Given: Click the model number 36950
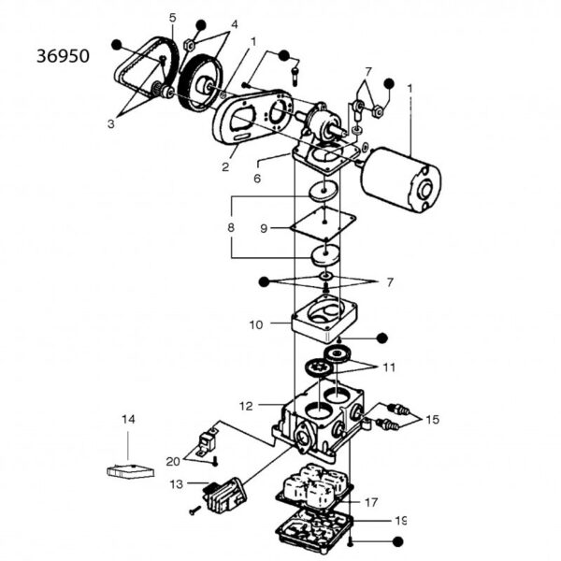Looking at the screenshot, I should pos(63,56).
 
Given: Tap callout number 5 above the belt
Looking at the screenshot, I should pos(172,18).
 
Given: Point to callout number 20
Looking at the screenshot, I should pos(173,460).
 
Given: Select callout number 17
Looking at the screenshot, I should pos(370,500).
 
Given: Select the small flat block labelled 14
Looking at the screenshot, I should pos(128,470).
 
